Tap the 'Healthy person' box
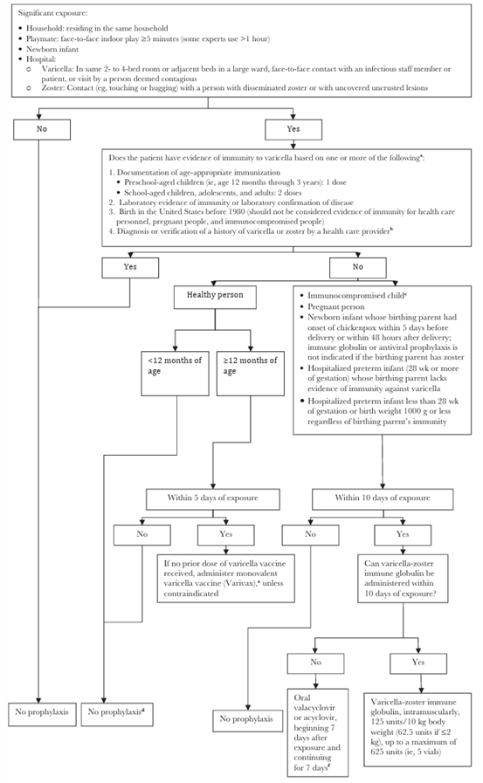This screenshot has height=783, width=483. (214, 295)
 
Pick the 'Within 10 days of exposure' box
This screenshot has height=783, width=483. (382, 498)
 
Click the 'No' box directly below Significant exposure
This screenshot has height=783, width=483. (41, 128)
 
